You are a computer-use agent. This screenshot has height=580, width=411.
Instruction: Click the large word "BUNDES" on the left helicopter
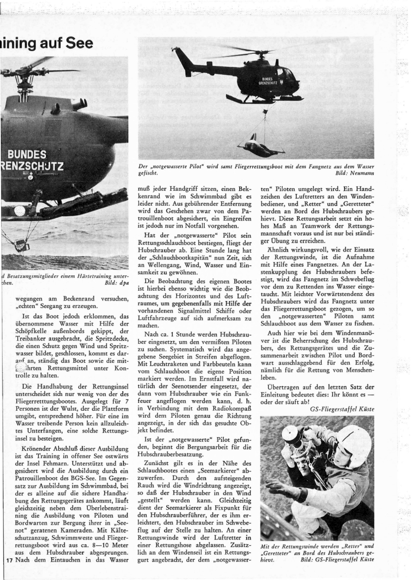pos(26,154)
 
